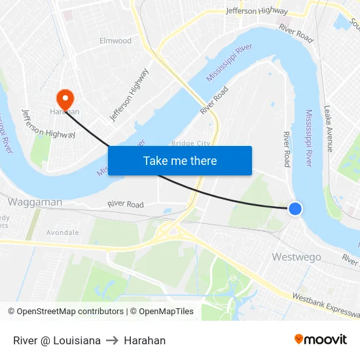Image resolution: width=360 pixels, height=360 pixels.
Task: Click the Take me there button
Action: [x=180, y=160]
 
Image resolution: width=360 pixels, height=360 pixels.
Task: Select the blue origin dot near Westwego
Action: [x=295, y=209]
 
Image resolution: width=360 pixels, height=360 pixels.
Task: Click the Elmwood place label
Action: [x=115, y=41]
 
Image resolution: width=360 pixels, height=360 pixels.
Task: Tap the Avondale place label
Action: [x=62, y=232]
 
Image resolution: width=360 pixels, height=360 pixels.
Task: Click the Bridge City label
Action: [x=190, y=143]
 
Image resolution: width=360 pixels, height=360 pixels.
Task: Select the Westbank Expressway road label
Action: [x=325, y=306]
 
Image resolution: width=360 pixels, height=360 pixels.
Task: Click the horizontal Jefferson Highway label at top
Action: [x=257, y=10]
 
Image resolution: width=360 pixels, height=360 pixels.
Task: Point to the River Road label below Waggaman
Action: [x=126, y=205]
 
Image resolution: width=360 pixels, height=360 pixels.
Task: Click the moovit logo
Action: [x=320, y=339]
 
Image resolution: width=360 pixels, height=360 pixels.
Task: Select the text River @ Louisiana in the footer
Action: [x=57, y=340]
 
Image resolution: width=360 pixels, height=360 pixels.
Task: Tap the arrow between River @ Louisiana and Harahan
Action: [x=112, y=340]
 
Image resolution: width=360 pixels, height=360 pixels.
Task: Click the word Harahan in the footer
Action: [x=145, y=340]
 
